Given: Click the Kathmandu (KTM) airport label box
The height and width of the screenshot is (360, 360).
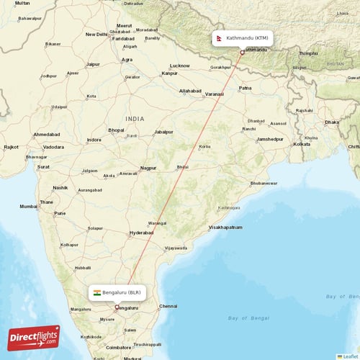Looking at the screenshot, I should pos(242,37).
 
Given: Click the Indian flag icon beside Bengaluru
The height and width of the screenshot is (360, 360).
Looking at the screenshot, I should pos(96,292).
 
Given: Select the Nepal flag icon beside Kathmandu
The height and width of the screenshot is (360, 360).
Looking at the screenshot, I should pos(219,37).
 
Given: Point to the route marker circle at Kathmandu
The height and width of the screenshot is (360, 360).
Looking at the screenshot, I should pos(242,52).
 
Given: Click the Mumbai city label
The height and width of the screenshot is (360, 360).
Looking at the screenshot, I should pos(28,206).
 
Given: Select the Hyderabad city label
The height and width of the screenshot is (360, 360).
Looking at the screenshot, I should pos(140,233).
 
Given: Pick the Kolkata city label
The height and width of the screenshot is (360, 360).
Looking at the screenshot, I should pos(301,144).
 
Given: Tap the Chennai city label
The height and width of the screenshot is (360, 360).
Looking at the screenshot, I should pos(168,306).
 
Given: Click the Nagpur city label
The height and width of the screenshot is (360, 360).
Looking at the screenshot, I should pos(148,168).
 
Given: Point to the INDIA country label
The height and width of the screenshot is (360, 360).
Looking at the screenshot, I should pos(134,118).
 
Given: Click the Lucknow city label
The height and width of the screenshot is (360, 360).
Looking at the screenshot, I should pos(180,66).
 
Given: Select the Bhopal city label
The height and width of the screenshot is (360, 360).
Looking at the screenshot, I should pos(116,130).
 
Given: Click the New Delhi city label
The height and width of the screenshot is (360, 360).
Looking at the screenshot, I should pos(96,34).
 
